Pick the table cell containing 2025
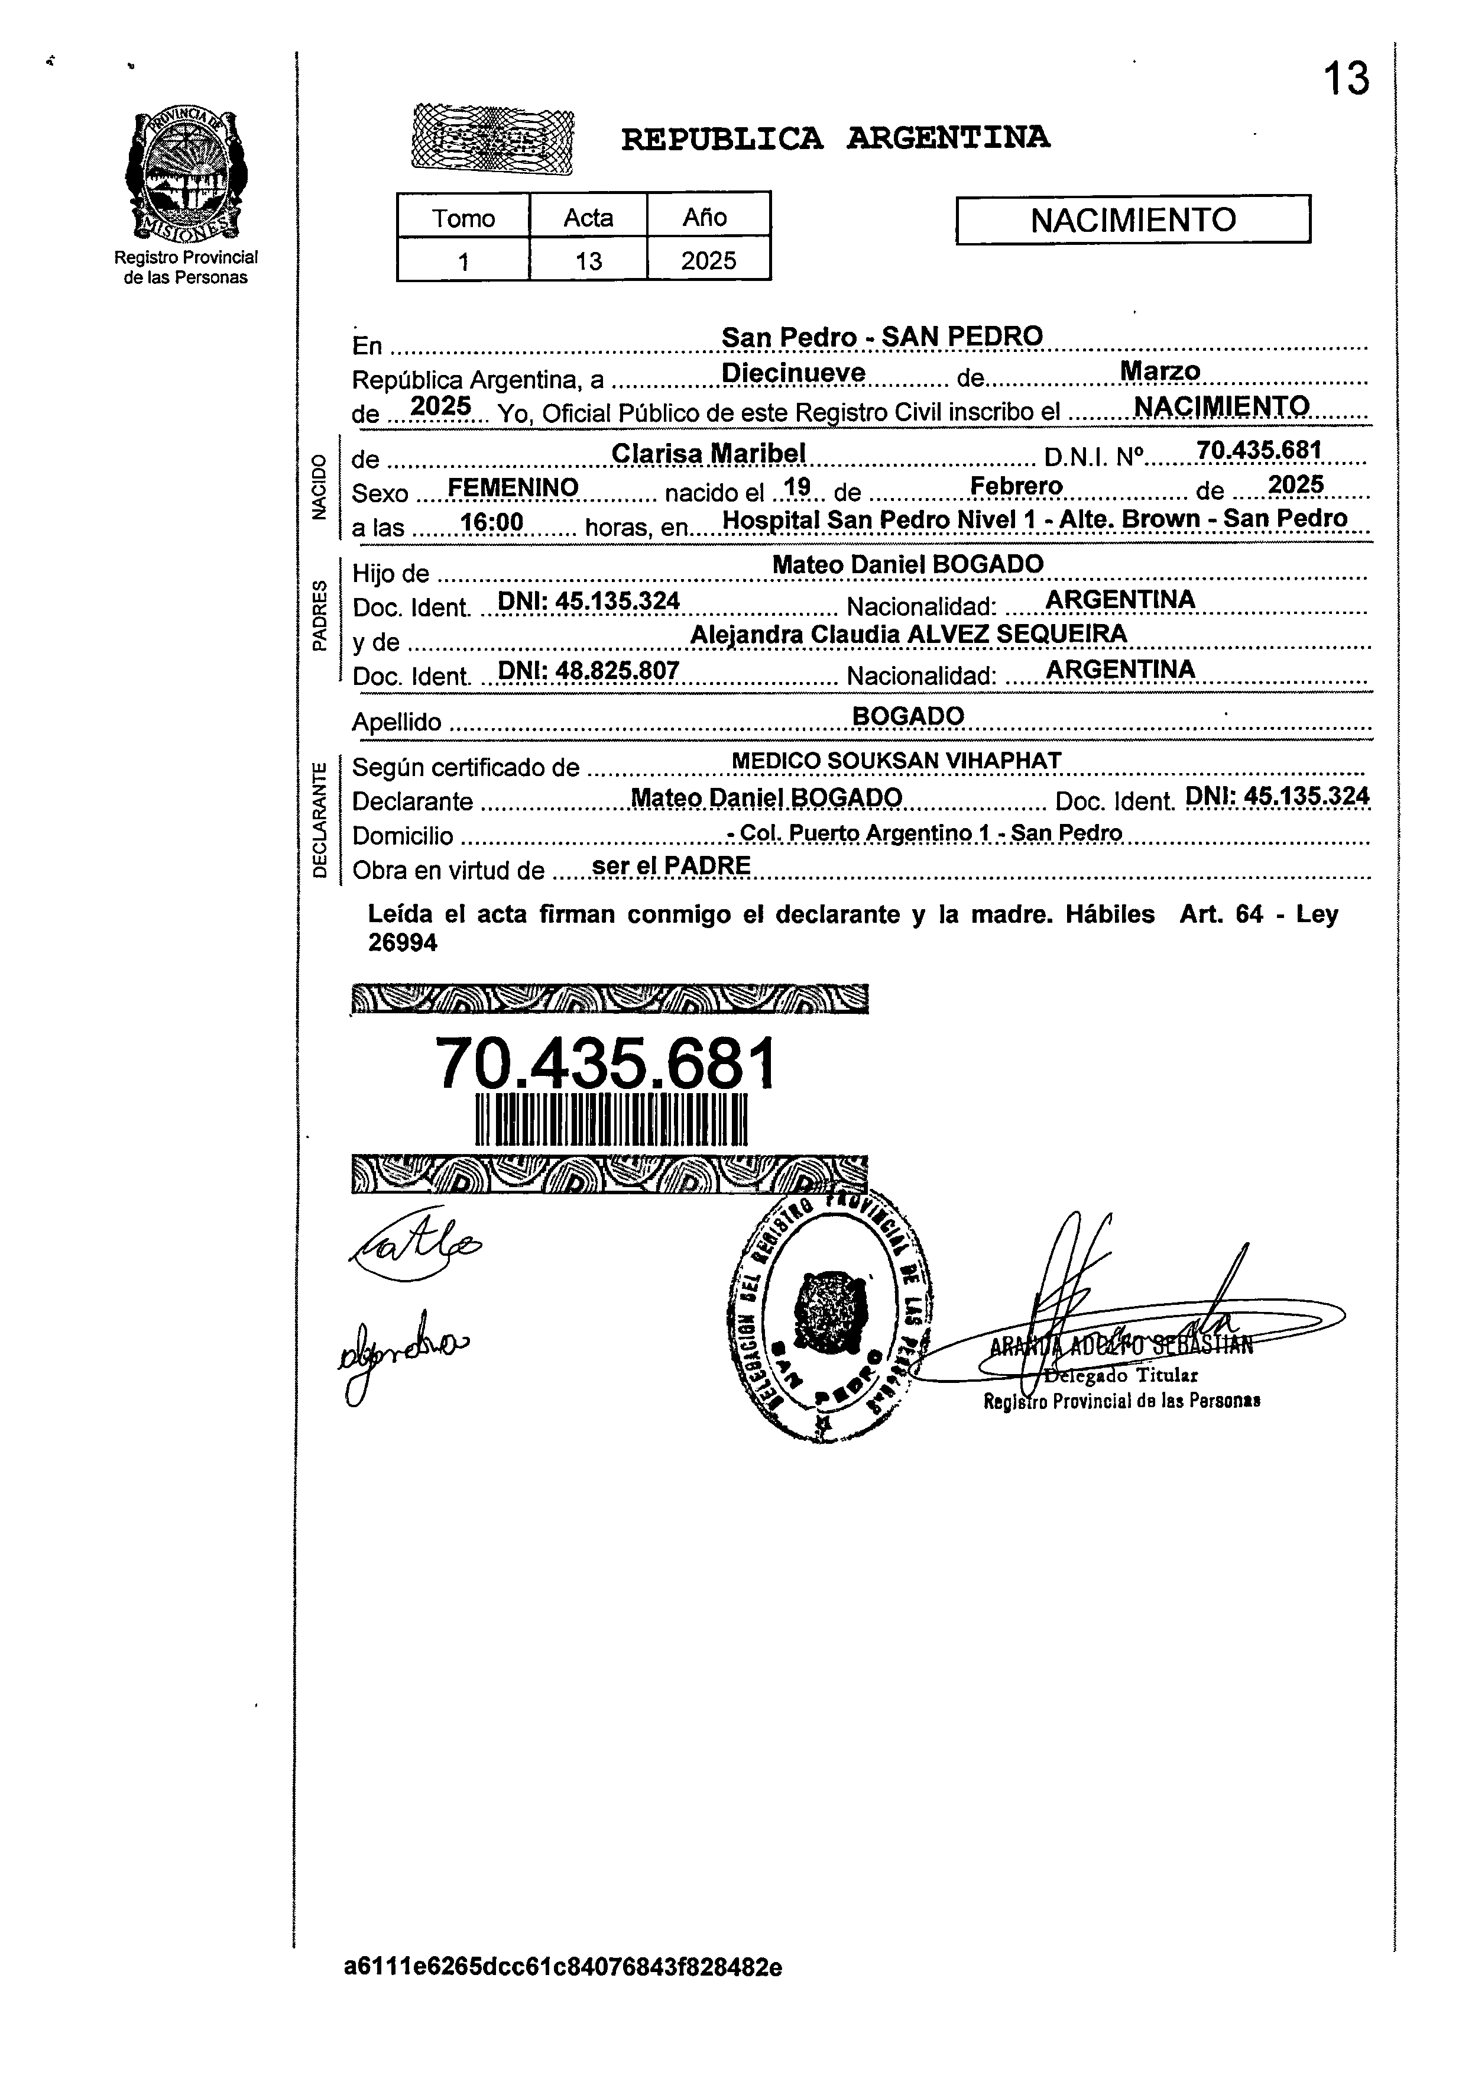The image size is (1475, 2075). click(708, 261)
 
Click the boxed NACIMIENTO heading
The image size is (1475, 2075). click(1133, 220)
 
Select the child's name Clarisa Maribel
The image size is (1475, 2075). click(708, 453)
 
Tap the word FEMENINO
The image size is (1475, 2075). click(513, 488)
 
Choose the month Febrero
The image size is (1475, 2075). click(1016, 486)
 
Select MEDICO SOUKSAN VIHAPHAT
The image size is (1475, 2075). click(896, 761)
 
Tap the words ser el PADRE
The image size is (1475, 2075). click(670, 866)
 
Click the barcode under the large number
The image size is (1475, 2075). click(610, 1120)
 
